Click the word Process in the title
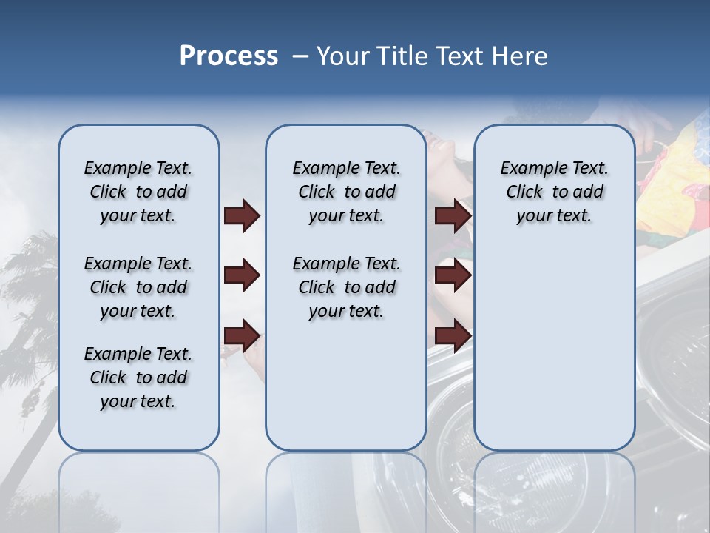[229, 56]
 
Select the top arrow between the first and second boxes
[241, 216]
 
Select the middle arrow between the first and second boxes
[241, 276]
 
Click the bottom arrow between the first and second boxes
[241, 336]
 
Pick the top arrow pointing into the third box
[453, 216]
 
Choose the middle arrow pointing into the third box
[453, 276]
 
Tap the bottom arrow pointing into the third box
[453, 336]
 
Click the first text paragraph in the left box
[138, 192]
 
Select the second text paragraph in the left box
[138, 287]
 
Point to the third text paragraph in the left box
[138, 378]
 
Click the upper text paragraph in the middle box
[346, 192]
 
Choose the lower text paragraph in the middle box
[346, 287]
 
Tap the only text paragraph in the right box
[554, 192]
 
